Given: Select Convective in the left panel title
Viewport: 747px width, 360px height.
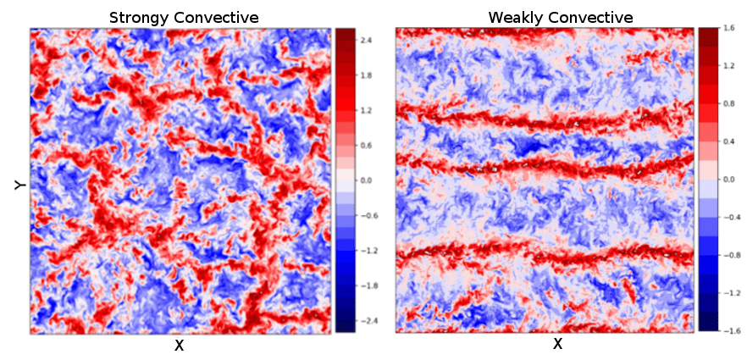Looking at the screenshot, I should [216, 18].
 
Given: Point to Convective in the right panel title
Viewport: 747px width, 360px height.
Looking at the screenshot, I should [591, 18].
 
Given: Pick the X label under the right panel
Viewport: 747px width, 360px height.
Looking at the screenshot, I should [557, 344].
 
